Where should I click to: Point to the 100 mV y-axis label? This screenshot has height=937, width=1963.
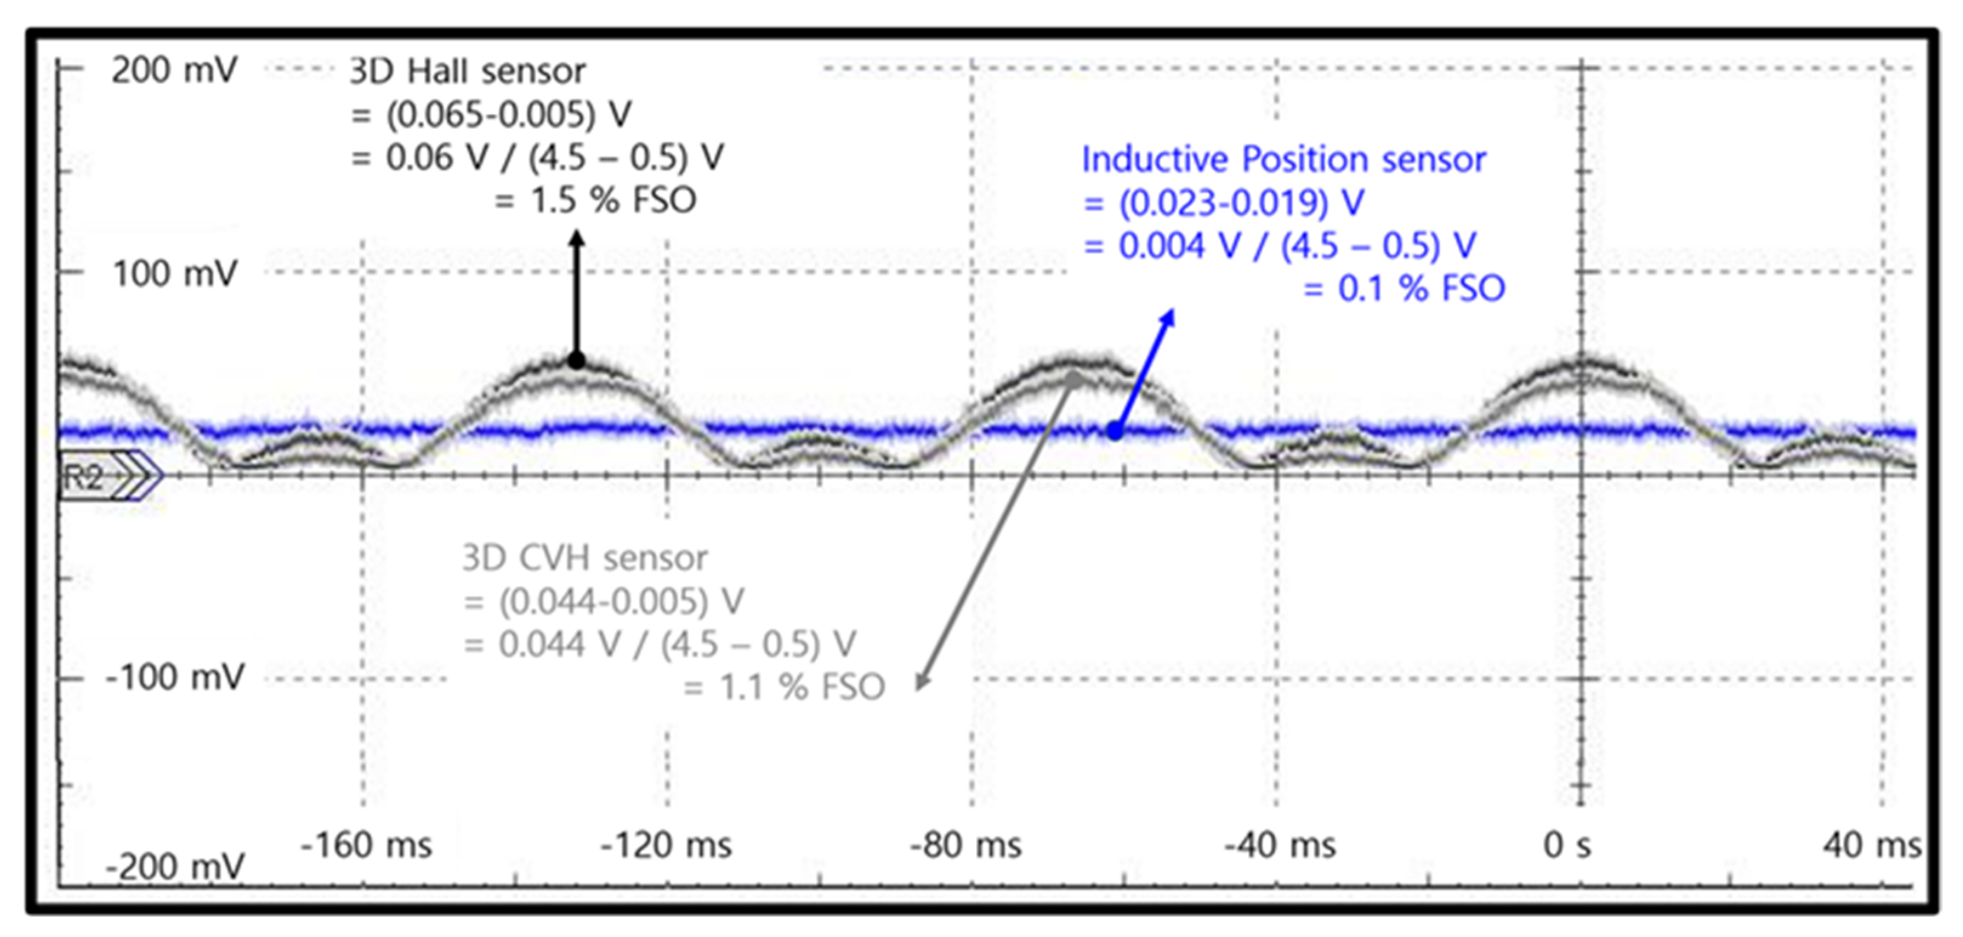pos(175,274)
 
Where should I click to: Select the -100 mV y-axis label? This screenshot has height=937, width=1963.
pos(175,677)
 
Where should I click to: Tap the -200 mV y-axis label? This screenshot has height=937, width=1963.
pos(175,867)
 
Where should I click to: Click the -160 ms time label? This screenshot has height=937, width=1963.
pos(366,845)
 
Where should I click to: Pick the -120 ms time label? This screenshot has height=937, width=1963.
pos(666,845)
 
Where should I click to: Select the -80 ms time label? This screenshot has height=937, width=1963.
pos(965,845)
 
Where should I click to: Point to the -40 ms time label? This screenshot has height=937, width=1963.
pos(1280,845)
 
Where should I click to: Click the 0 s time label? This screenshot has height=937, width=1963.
pos(1567,845)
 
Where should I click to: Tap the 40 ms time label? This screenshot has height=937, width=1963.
pos(1871,845)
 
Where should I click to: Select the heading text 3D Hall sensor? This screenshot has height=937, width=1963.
pos(467,72)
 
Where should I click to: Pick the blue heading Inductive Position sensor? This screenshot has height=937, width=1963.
pos(1284,160)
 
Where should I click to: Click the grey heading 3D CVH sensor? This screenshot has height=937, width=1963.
pos(584,558)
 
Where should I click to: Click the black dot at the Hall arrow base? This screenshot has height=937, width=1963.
pos(577,360)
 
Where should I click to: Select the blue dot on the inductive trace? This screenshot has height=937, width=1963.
pos(1114,431)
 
